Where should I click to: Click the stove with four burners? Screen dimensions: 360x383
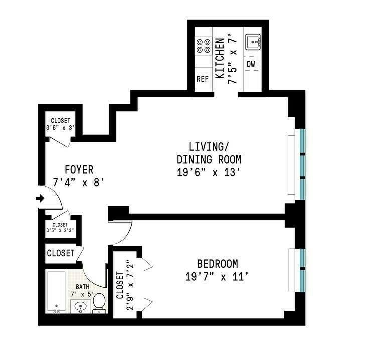(x=203, y=46)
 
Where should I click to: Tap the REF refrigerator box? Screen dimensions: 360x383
(x=203, y=79)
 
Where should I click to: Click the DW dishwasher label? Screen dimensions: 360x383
(x=251, y=64)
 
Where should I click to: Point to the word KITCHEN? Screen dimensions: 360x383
(x=219, y=58)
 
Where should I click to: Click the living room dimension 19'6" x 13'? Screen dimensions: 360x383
(x=209, y=172)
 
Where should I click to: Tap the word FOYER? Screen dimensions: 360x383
(x=79, y=170)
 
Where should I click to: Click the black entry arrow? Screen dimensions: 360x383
(x=40, y=199)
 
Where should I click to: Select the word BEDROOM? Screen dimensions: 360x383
(x=217, y=264)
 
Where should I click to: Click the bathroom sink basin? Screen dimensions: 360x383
(x=80, y=306)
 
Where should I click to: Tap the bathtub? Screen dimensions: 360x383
(x=56, y=292)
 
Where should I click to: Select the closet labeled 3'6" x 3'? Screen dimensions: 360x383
(x=61, y=123)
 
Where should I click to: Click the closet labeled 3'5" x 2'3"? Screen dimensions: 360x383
(x=60, y=228)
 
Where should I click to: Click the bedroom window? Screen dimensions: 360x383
(x=302, y=270)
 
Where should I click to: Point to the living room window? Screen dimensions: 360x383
(x=302, y=164)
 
